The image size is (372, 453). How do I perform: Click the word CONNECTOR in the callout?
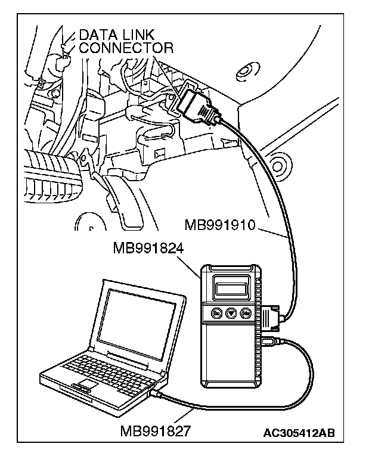[x=126, y=48]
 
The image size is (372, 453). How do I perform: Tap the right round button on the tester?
[x=246, y=312]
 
